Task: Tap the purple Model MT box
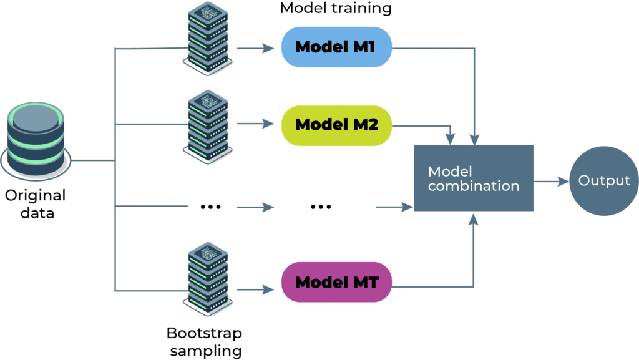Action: point(336,282)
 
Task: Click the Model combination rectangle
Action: point(474,178)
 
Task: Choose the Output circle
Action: point(603,181)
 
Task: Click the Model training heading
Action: point(336,9)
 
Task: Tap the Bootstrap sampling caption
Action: point(204,341)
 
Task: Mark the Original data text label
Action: point(36,204)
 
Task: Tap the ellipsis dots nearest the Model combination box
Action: point(321,207)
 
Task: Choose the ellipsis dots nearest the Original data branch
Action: point(210,207)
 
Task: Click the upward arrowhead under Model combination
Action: point(474,218)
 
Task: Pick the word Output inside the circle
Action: point(603,181)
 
